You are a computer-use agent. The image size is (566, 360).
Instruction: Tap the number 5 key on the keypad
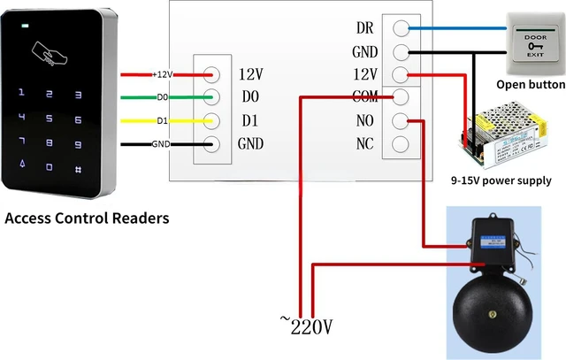click(50, 118)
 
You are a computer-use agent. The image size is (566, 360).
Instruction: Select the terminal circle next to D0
click(212, 96)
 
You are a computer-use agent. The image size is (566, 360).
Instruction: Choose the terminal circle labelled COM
click(401, 97)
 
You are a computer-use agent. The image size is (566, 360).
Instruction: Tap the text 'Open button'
click(530, 85)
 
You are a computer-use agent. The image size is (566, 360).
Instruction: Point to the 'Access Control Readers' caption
click(87, 218)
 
